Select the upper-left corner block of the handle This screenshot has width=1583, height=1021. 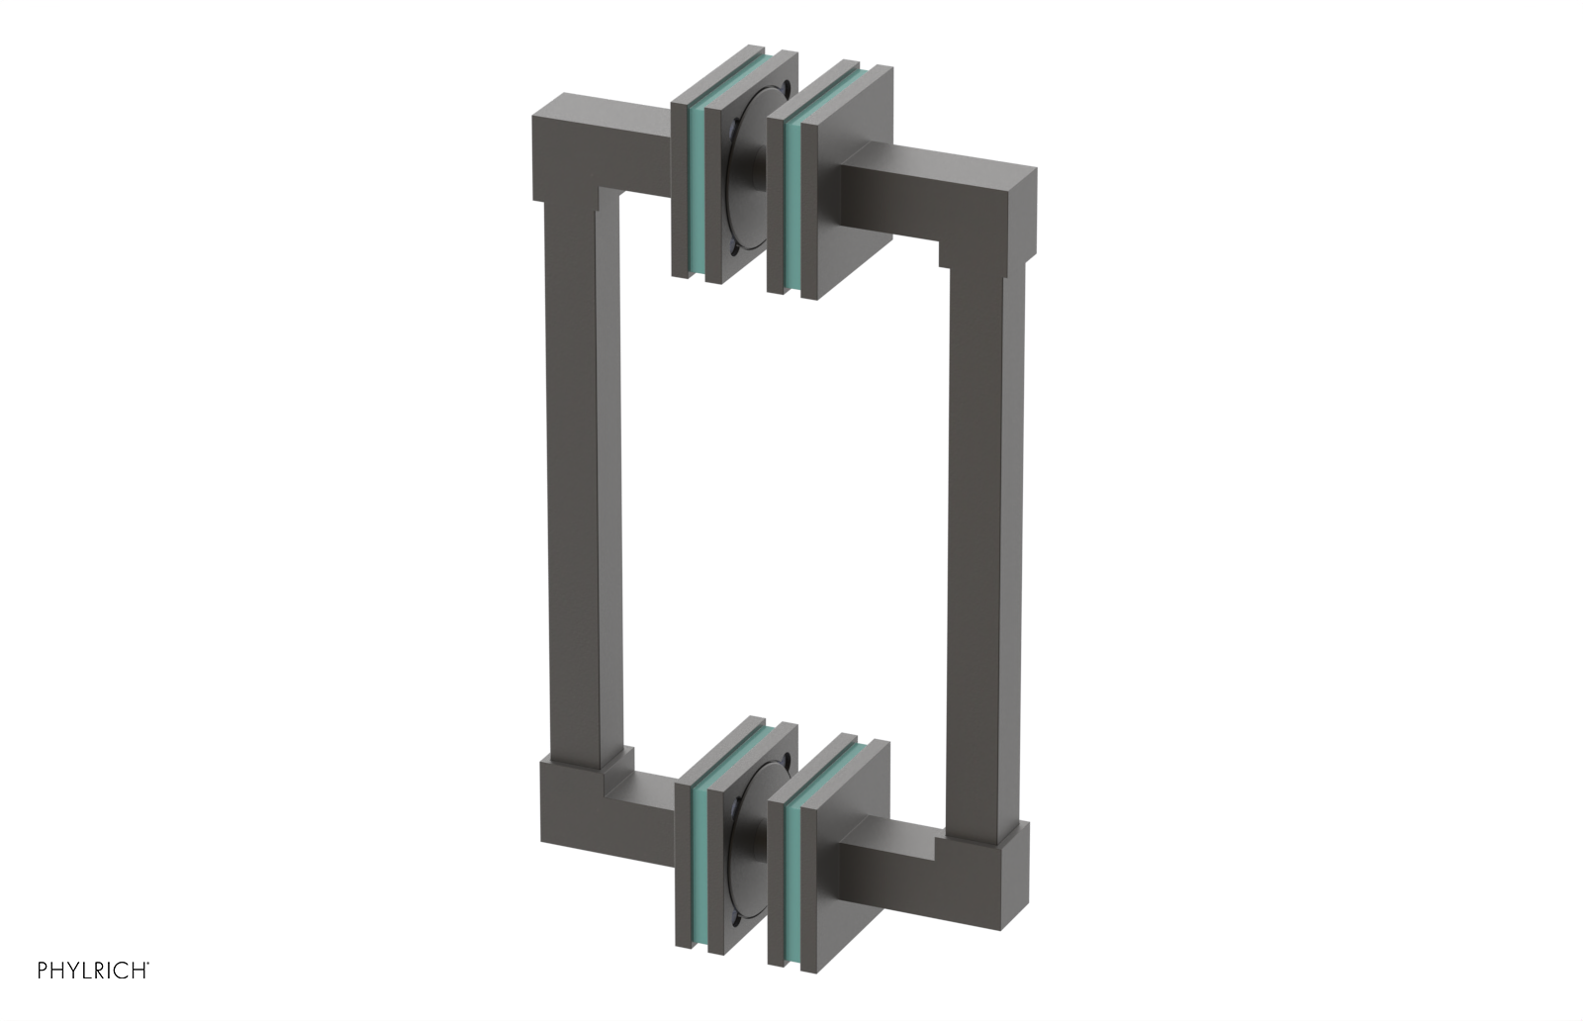pyautogui.click(x=568, y=148)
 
